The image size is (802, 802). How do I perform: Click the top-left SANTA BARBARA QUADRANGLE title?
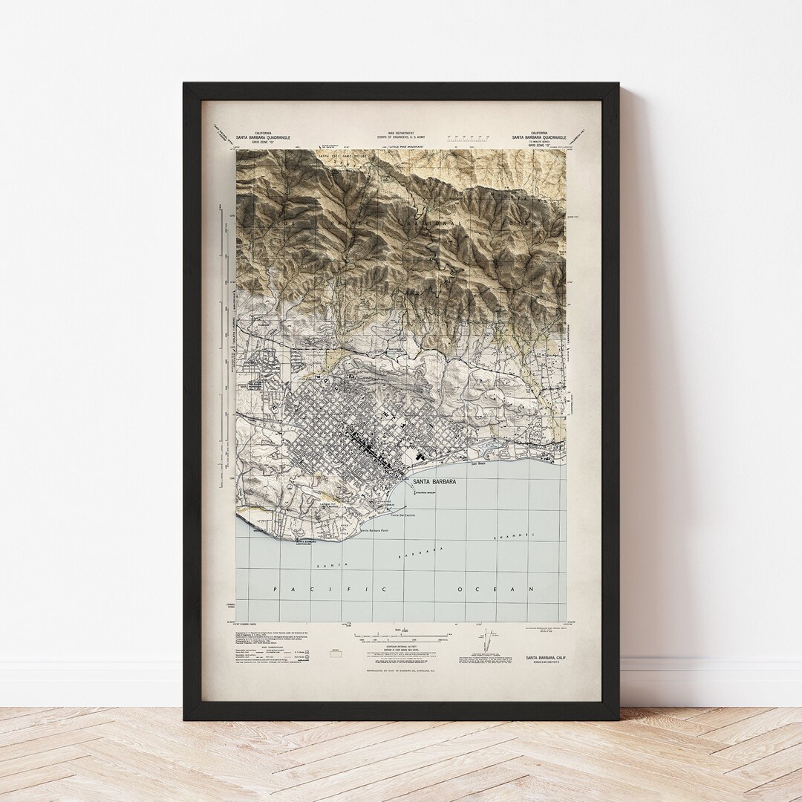coord(265,137)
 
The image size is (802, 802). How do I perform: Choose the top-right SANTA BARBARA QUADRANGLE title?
coord(539,137)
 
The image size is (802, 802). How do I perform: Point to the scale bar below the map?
coord(401,635)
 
